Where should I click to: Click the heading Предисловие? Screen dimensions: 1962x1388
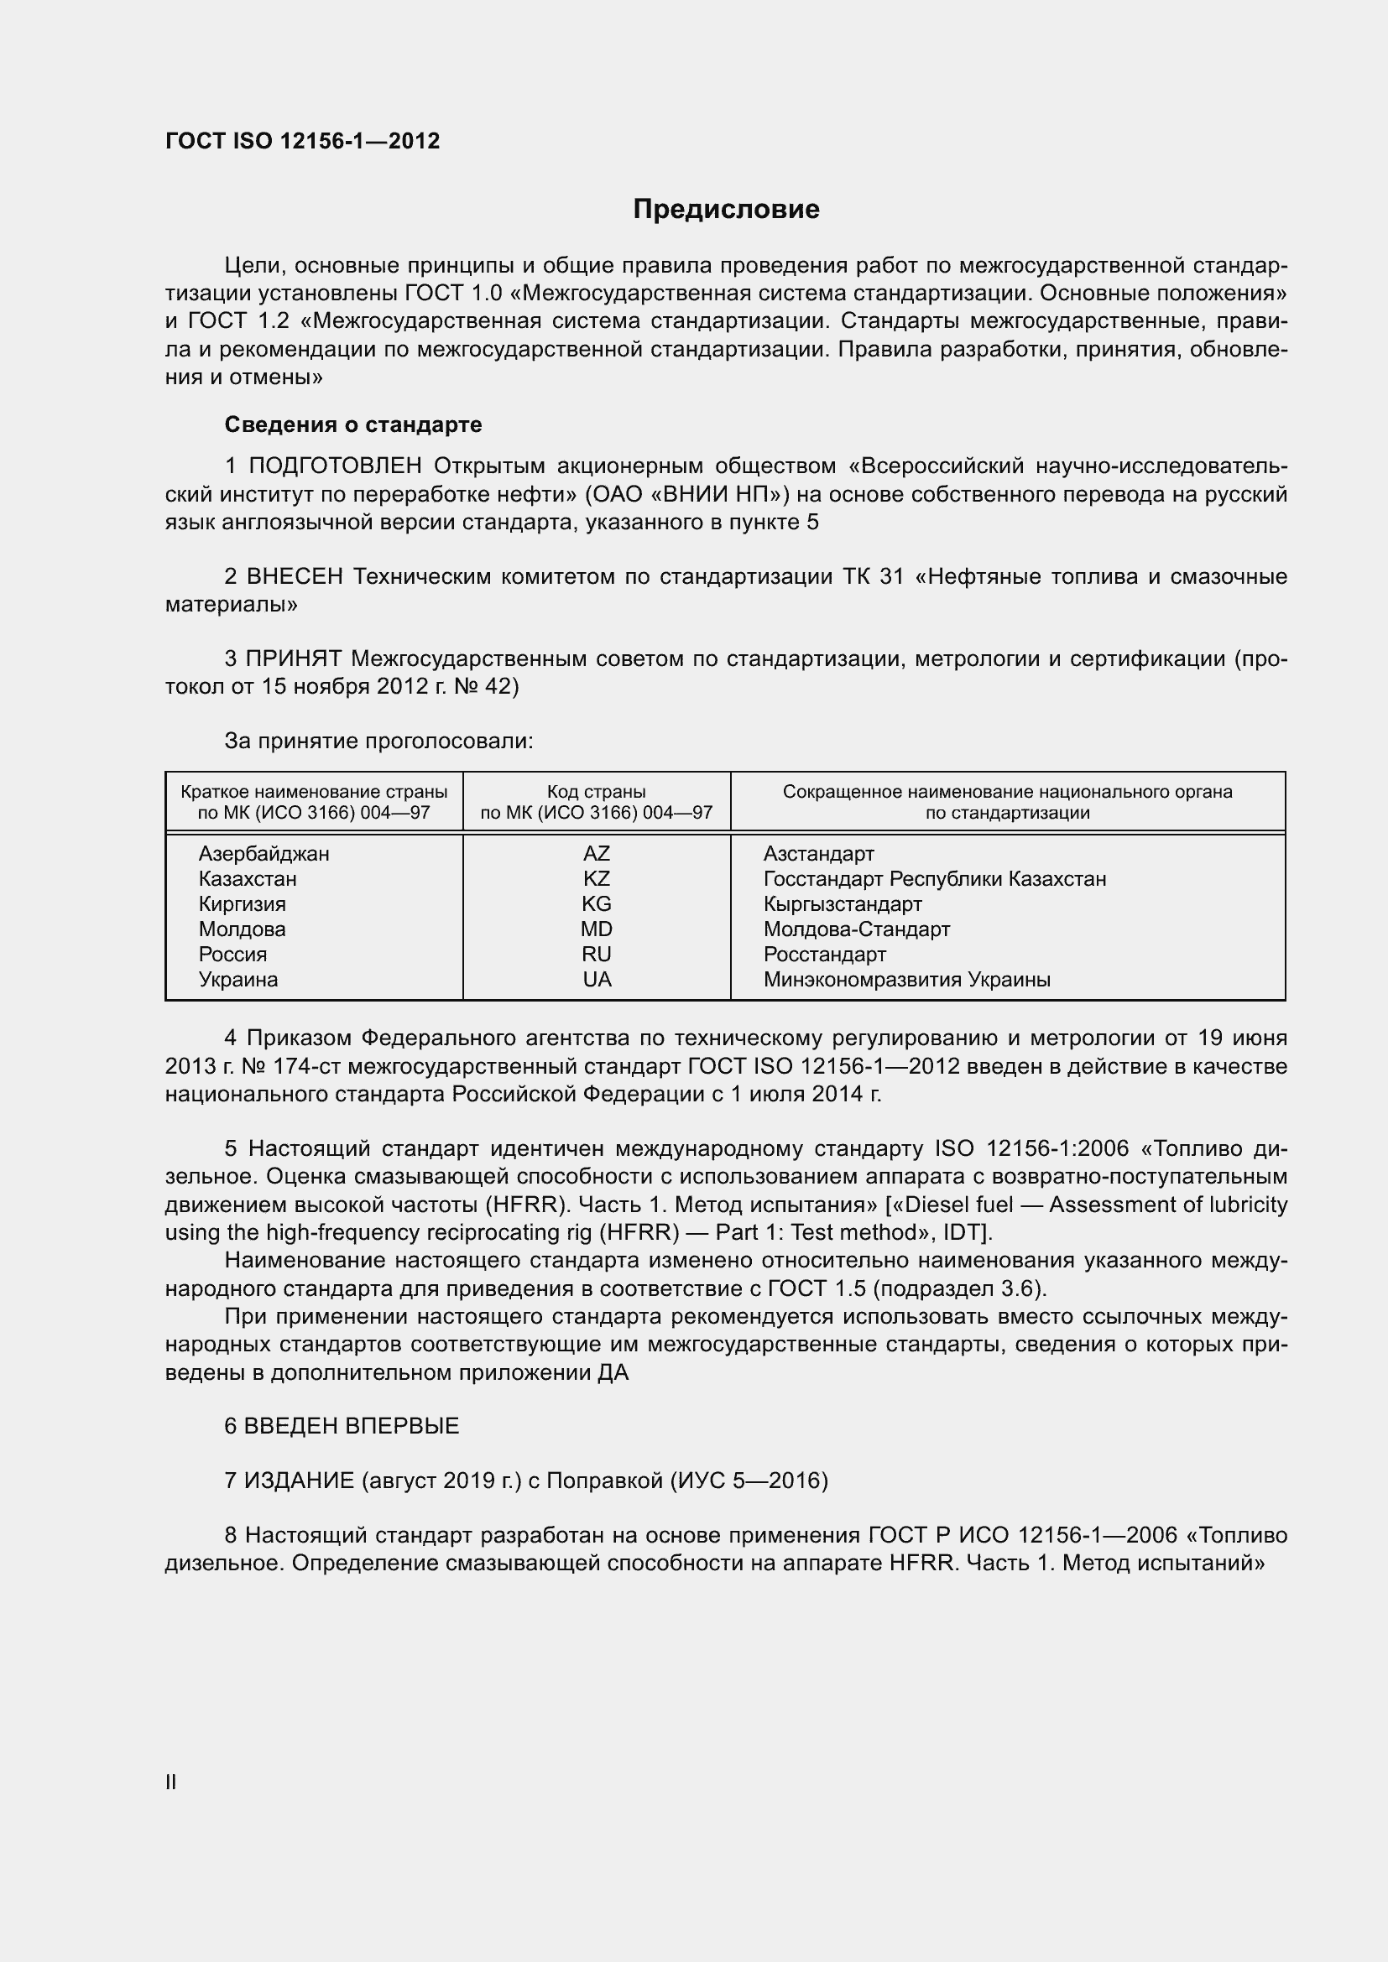tap(726, 210)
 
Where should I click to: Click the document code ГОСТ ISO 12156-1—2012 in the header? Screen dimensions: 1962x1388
tap(303, 141)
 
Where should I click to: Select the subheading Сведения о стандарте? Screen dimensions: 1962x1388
tap(353, 424)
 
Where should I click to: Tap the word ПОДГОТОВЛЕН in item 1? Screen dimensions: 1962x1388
tap(335, 466)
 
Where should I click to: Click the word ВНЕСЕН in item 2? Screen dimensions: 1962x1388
tap(294, 577)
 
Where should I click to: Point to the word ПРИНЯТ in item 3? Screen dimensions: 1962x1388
tap(293, 658)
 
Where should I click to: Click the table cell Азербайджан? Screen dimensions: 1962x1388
tap(264, 854)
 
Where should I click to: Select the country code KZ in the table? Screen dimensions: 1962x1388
tap(597, 878)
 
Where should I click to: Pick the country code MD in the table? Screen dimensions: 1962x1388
tap(597, 929)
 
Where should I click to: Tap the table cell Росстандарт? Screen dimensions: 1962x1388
tap(824, 955)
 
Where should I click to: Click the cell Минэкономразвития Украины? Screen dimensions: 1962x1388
tap(906, 980)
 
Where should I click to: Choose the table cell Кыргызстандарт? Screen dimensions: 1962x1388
tap(842, 904)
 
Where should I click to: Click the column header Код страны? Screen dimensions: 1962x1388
tap(596, 791)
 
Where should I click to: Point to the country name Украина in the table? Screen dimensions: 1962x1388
tap(237, 980)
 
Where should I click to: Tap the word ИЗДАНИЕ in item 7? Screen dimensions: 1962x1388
tap(299, 1480)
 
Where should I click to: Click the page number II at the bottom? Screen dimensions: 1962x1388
tap(171, 1782)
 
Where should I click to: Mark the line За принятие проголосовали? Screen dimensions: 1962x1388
tap(378, 741)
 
